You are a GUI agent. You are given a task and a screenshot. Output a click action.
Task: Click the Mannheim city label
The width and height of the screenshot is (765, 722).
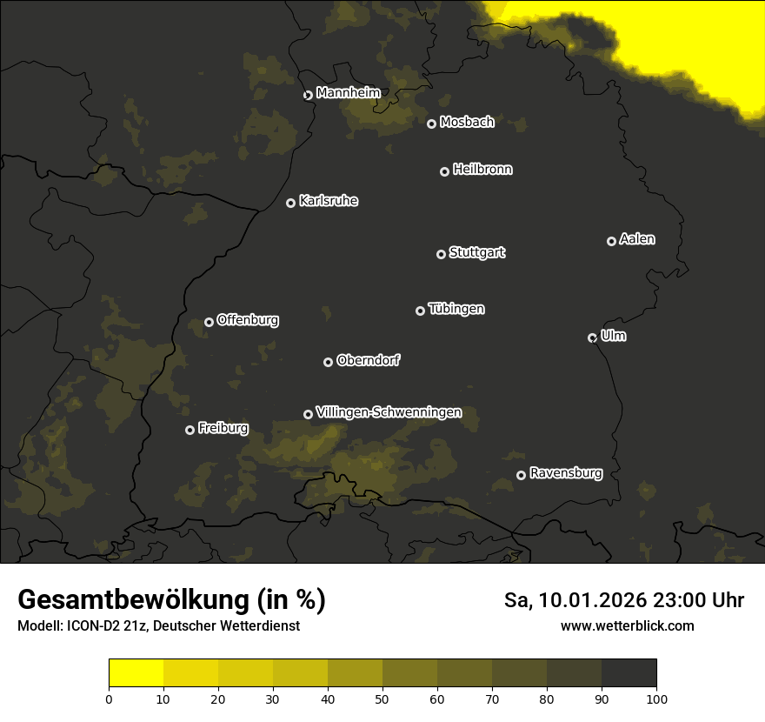[x=348, y=92]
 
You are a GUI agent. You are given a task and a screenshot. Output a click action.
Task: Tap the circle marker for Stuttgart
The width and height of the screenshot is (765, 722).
[x=441, y=254]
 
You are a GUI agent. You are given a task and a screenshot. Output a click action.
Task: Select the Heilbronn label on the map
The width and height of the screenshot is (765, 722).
[x=482, y=169]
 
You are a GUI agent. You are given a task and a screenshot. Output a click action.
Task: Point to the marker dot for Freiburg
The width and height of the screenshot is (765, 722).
[x=190, y=430]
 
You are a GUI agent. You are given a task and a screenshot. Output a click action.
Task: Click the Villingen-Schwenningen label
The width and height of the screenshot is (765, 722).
[x=389, y=412]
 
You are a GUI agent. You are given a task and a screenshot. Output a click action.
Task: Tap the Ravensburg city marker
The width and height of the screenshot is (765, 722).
[x=521, y=475]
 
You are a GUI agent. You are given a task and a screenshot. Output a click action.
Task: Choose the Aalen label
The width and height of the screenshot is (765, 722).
[x=637, y=238]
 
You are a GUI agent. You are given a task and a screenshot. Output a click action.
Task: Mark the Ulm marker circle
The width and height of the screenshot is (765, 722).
[x=592, y=338]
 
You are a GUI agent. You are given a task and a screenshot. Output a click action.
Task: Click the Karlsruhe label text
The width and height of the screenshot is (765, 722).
[x=329, y=201]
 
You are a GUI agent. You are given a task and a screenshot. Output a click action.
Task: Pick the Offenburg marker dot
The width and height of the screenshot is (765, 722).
[x=209, y=322]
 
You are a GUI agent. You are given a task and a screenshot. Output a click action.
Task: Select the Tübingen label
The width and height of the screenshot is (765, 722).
[x=456, y=309]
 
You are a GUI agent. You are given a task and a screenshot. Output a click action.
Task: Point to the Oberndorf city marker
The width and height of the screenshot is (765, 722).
[x=328, y=362]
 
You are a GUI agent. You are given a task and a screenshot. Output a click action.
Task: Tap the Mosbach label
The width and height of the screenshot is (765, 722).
[x=467, y=122]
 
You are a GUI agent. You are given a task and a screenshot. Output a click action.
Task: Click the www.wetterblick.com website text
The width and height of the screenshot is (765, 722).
[x=627, y=625]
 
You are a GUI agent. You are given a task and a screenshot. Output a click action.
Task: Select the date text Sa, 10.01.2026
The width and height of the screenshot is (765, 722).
[x=592, y=600]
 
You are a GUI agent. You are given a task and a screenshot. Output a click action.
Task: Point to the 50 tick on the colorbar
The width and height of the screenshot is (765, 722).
[x=382, y=698]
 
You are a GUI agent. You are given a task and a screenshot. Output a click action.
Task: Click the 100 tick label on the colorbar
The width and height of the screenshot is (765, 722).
[x=656, y=698]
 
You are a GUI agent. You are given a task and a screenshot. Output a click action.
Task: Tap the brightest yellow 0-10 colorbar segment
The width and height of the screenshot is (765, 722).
[x=136, y=672]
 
